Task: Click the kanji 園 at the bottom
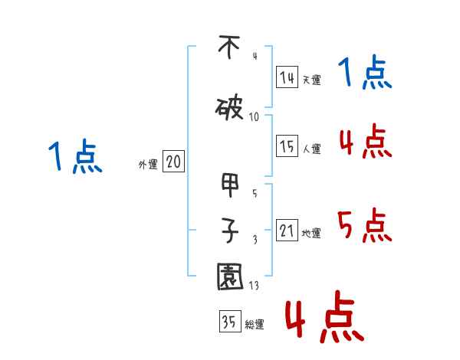(x=230, y=277)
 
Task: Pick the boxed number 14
(x=287, y=77)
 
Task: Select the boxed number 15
(x=287, y=147)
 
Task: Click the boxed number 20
(x=174, y=162)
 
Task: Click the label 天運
(x=312, y=80)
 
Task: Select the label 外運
(x=147, y=165)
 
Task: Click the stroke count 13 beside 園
(x=255, y=286)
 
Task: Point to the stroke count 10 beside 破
(x=255, y=116)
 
